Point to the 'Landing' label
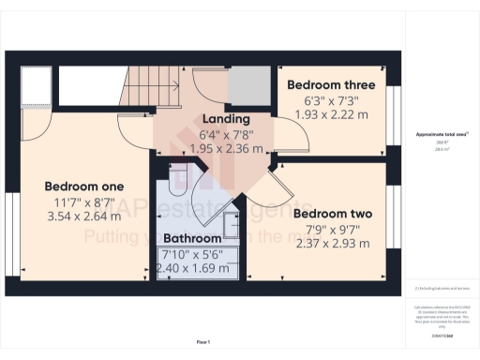tap(226, 119)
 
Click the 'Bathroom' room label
tap(191, 239)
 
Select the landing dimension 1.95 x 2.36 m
tap(226, 148)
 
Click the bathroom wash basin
tap(231, 221)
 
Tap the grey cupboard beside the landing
tap(248, 84)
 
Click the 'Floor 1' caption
tap(203, 342)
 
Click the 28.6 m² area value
tap(441, 149)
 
